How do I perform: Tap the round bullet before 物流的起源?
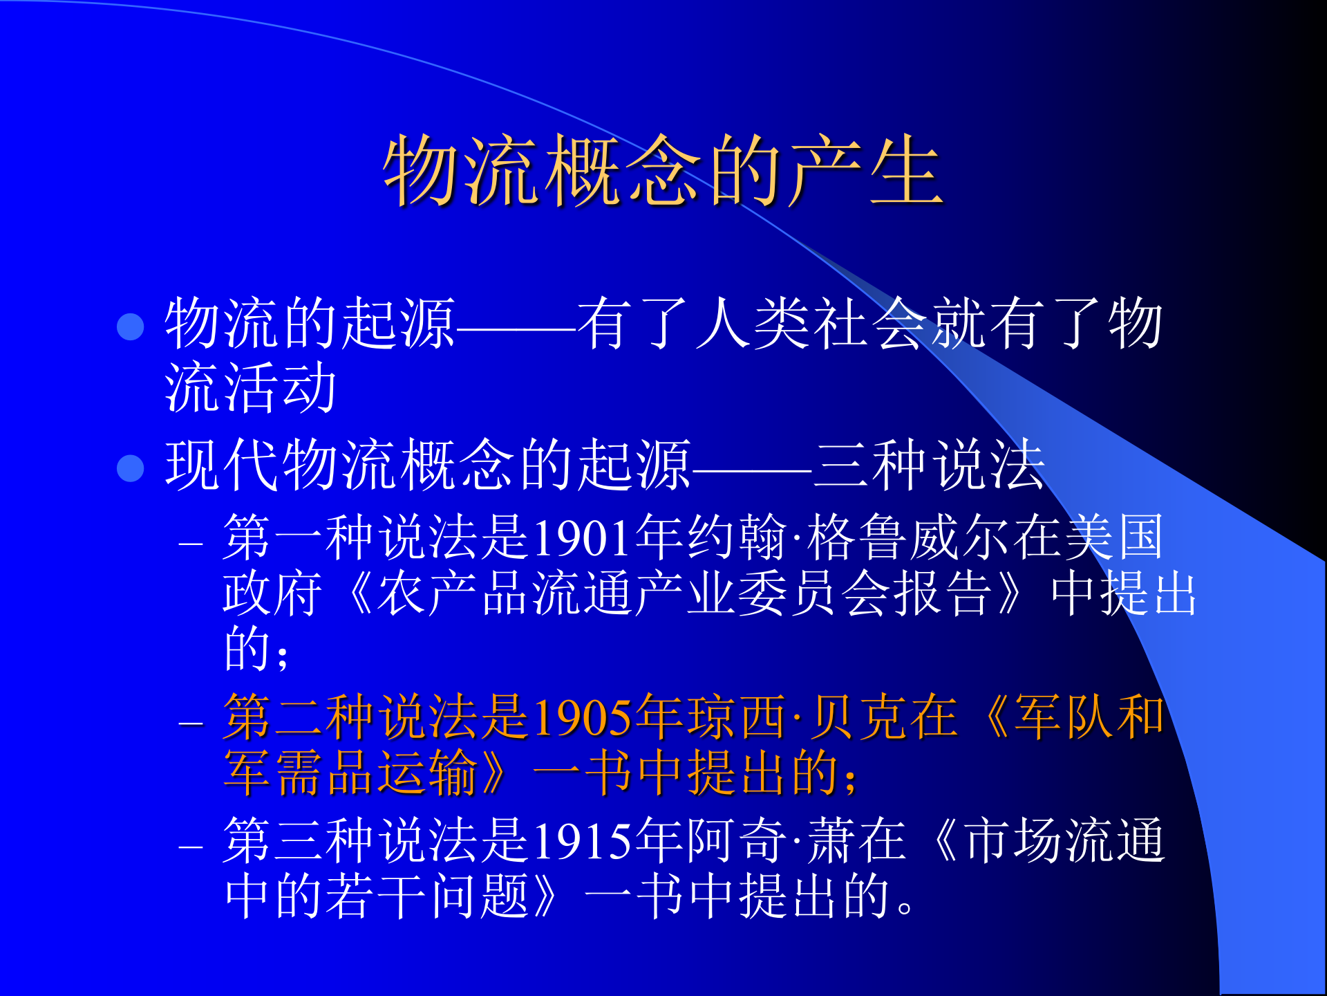point(131,326)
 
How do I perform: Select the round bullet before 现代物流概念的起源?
point(131,468)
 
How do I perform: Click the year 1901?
point(582,538)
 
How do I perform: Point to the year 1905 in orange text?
point(582,718)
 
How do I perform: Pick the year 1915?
point(582,841)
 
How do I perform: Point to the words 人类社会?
point(811,324)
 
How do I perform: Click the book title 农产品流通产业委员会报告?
point(684,593)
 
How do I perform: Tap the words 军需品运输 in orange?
point(350,773)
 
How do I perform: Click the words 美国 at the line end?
point(1114,538)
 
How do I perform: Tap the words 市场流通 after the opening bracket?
point(1064,841)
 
